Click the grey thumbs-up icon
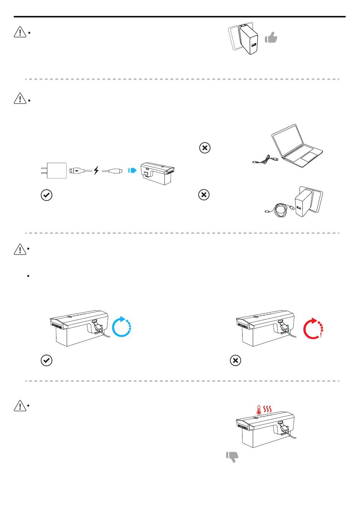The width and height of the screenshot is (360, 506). pos(271,37)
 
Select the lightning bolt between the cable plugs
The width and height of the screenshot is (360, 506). pos(96,171)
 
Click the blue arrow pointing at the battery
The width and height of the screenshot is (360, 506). pos(132,170)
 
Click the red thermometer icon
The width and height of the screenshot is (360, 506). pos(259,410)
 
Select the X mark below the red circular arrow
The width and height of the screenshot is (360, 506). pos(235,361)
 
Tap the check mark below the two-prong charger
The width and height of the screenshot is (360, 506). pos(46,195)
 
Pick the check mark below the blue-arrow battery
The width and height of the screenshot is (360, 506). pos(46,360)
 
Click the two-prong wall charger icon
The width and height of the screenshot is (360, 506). pos(55,171)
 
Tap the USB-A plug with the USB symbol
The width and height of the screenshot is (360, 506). pos(77,171)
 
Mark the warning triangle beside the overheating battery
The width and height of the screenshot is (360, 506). pos(19,406)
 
